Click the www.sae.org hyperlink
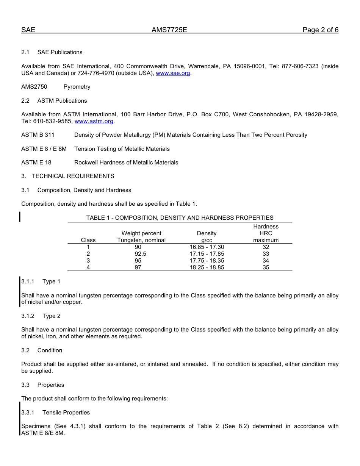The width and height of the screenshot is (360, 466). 173,73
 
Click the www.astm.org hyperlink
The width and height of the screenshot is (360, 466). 94,121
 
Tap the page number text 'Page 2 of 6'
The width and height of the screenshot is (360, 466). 320,30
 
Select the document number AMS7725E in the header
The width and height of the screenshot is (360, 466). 169,30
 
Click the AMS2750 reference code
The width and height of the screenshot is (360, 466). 34,87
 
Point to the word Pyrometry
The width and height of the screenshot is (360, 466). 77,87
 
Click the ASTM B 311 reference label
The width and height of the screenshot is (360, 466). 38,135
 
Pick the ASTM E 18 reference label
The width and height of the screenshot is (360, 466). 36,163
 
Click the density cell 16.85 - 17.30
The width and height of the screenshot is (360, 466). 207,247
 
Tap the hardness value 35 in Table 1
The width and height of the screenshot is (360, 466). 266,267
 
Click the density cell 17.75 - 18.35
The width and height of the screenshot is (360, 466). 207,261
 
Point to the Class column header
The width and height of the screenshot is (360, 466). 88,240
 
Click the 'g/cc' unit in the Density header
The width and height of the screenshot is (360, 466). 207,240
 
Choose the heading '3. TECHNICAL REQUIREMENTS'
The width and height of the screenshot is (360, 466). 67,176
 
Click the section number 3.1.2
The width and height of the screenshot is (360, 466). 28,316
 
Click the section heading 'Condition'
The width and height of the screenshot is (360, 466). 50,350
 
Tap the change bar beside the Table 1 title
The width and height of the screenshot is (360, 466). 20,217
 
